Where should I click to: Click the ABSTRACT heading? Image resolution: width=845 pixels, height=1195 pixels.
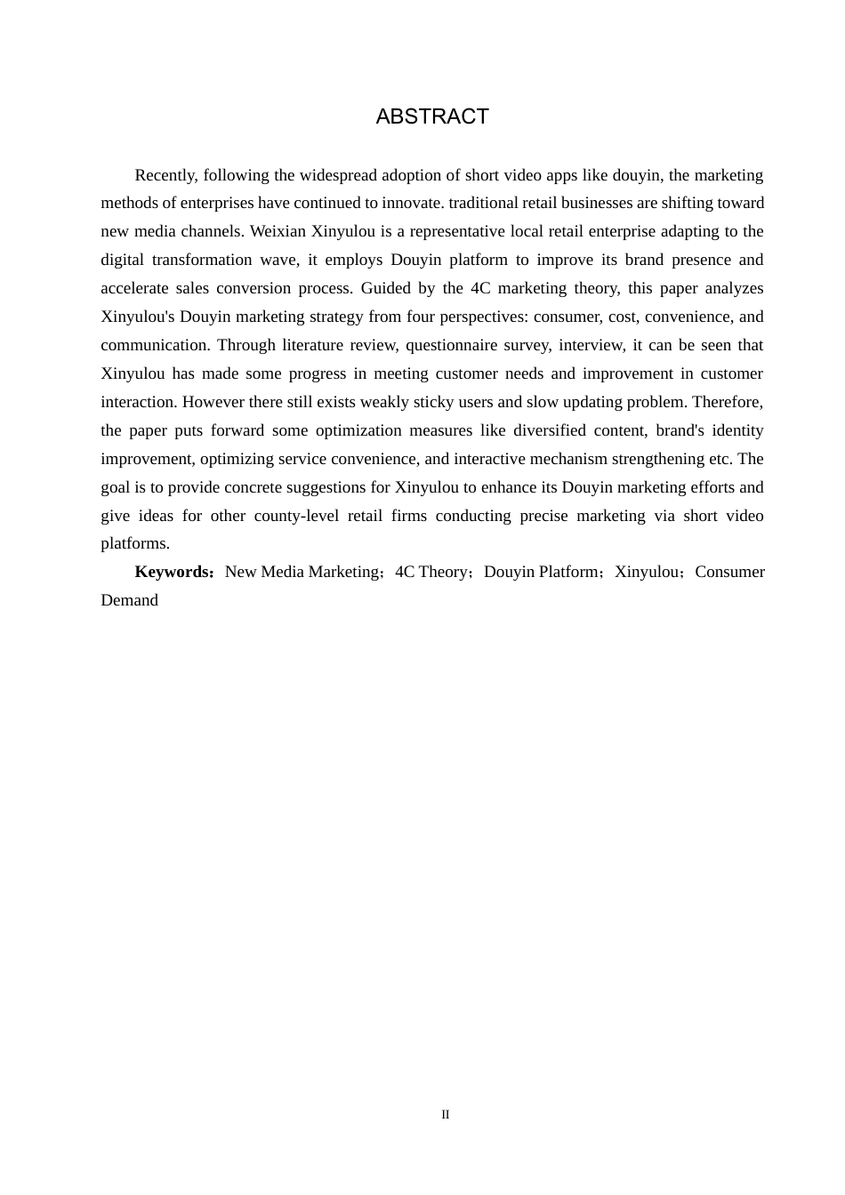pyautogui.click(x=432, y=116)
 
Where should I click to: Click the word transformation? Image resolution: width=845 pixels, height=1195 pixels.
pyautogui.click(x=200, y=261)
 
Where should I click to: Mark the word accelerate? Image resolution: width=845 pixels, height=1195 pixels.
pyautogui.click(x=134, y=289)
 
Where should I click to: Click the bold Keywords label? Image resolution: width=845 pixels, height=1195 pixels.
pyautogui.click(x=173, y=573)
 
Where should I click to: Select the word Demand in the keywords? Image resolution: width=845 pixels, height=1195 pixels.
pyautogui.click(x=130, y=601)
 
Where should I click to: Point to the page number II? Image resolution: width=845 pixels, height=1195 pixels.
pyautogui.click(x=446, y=1115)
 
